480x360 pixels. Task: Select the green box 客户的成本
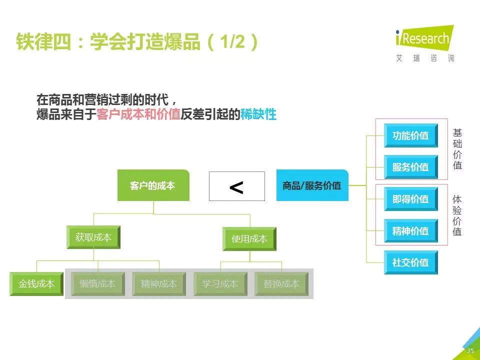coord(153,185)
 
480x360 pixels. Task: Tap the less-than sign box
coord(236,186)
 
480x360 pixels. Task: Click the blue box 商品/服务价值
coord(312,185)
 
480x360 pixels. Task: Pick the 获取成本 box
coord(93,237)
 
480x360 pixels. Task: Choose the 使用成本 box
coord(249,239)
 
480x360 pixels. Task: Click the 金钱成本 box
coord(36,284)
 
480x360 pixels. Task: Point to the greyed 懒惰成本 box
coord(97,284)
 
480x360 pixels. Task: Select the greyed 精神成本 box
coord(159,284)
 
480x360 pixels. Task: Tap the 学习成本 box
coord(220,284)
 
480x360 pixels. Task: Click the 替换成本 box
coord(281,284)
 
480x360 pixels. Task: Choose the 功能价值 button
coord(410,135)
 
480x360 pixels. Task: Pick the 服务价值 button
coord(410,167)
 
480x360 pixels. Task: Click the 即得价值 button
coord(410,199)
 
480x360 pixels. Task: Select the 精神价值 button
coord(410,231)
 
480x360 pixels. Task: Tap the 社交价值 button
coord(410,262)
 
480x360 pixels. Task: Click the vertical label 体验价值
coord(457,215)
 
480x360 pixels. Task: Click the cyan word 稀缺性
coord(258,114)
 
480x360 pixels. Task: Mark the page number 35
coord(470,351)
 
